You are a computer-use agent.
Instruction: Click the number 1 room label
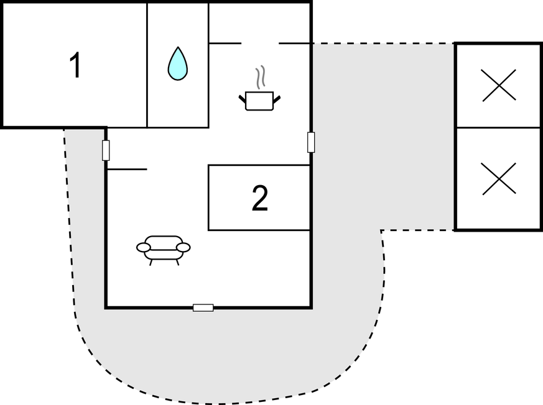(x=75, y=65)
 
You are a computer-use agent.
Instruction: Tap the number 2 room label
(x=260, y=198)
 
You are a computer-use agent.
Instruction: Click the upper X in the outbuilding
(x=499, y=85)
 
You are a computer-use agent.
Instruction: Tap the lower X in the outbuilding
(x=499, y=178)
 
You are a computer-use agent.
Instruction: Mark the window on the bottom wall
(x=203, y=307)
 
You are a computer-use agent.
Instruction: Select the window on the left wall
(x=106, y=150)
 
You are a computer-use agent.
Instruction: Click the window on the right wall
(x=311, y=142)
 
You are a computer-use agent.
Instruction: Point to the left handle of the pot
(x=243, y=98)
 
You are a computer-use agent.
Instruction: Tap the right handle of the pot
(x=277, y=98)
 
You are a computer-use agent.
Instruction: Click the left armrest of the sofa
(x=144, y=248)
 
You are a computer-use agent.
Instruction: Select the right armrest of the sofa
(x=183, y=248)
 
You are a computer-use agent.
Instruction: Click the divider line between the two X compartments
(x=499, y=128)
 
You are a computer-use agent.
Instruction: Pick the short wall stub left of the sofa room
(x=127, y=169)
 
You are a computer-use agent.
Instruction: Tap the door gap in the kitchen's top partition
(x=260, y=43)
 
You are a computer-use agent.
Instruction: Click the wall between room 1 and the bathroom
(x=147, y=65)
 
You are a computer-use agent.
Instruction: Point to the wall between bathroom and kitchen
(x=208, y=65)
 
